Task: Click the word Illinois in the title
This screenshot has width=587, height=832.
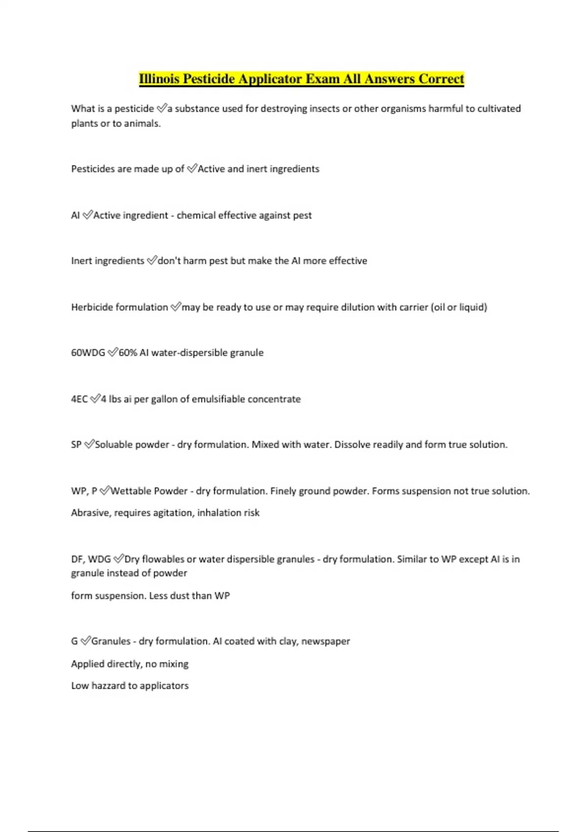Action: (x=159, y=79)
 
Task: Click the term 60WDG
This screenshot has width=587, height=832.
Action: (x=88, y=353)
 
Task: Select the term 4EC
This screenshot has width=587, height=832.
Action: (x=79, y=399)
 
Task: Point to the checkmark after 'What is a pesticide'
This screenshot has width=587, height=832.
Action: (x=161, y=109)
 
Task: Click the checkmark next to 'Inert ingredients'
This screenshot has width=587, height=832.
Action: (x=152, y=261)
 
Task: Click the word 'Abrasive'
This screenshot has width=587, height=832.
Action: (x=90, y=513)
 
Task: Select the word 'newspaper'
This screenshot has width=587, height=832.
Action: (x=325, y=641)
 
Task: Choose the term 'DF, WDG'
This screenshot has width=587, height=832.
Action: (x=91, y=559)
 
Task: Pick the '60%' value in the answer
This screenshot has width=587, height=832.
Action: (x=128, y=353)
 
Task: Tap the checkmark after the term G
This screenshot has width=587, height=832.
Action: (x=85, y=641)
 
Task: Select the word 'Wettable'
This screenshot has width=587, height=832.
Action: (x=131, y=491)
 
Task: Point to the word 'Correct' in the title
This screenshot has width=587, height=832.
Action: (x=441, y=79)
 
